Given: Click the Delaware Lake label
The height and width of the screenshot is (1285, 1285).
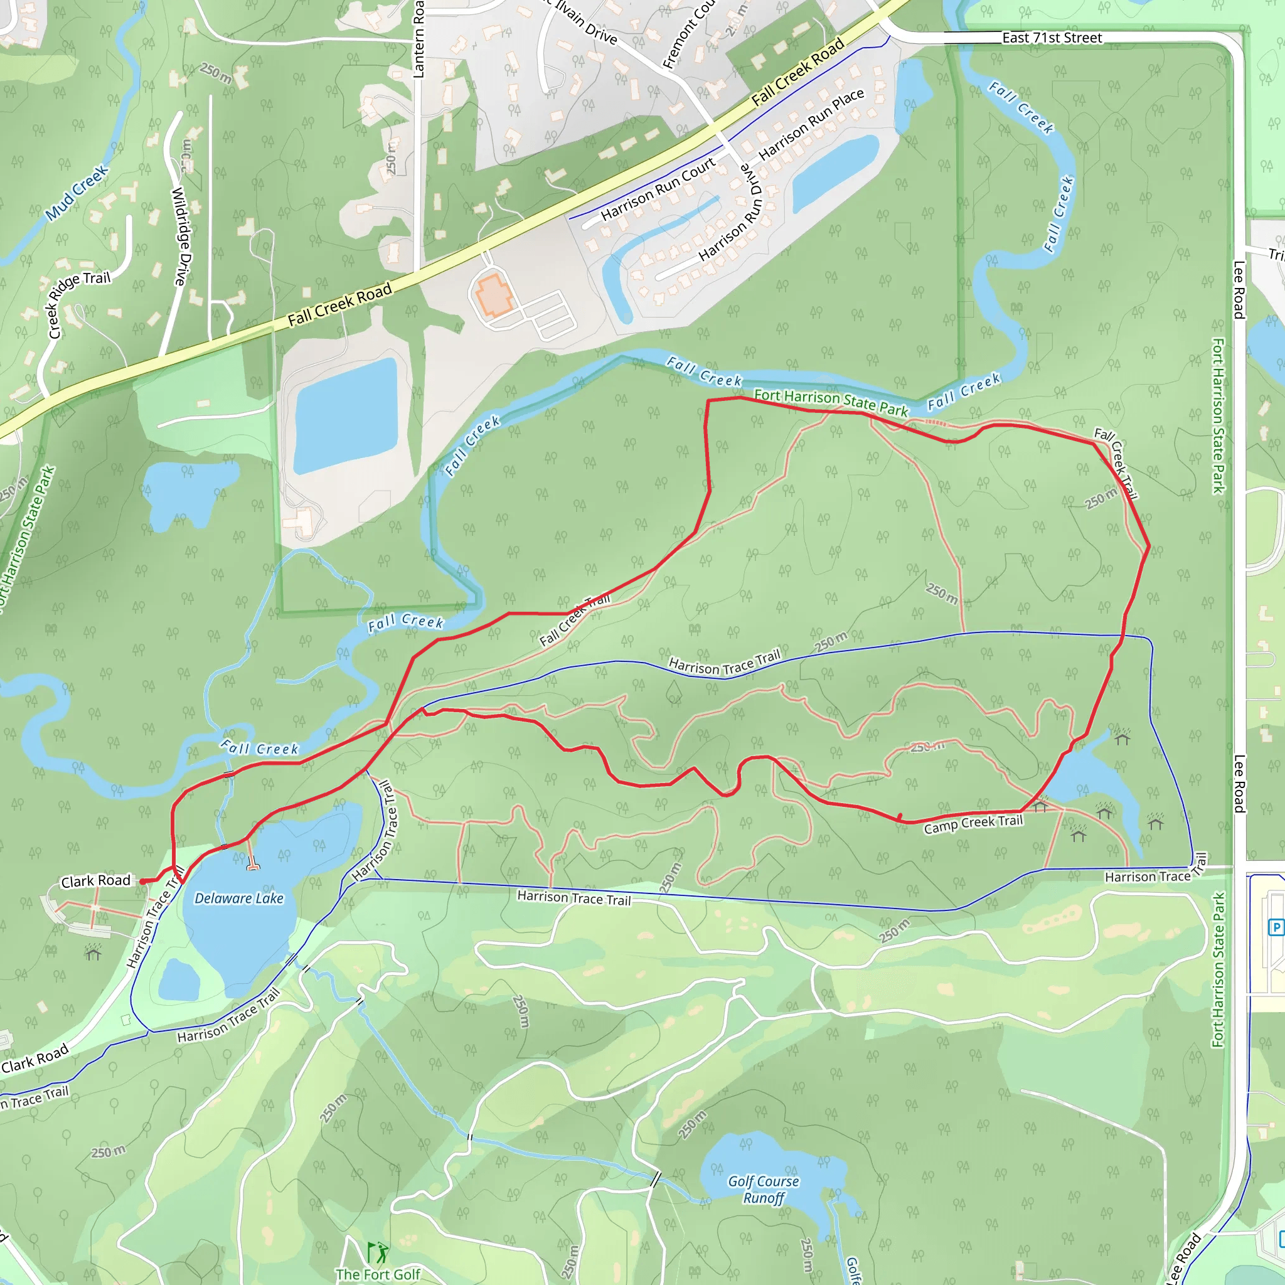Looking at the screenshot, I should click(x=239, y=898).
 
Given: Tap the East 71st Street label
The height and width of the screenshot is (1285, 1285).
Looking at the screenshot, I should click(x=1052, y=38).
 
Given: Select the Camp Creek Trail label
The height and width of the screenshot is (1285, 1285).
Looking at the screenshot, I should click(x=973, y=824).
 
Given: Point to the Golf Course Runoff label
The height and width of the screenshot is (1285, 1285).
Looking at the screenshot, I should click(x=764, y=1190).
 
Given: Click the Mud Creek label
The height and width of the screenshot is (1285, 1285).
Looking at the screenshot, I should click(x=77, y=193).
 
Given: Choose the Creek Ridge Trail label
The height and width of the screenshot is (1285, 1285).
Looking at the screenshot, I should click(x=79, y=303).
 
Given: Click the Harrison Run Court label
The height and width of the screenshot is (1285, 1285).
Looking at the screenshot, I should click(x=658, y=189).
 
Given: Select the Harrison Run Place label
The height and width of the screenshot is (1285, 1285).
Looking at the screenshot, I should click(x=811, y=124).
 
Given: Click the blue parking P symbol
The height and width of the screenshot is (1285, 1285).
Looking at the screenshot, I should click(x=1276, y=927).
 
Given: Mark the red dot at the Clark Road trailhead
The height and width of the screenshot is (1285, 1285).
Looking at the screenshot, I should click(x=142, y=882).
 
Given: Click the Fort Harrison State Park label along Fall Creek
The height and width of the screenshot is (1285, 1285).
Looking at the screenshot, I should click(x=831, y=402).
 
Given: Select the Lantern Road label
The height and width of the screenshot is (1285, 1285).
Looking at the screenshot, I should click(x=419, y=40).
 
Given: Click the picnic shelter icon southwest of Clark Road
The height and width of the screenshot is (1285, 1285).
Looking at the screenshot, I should click(x=93, y=952).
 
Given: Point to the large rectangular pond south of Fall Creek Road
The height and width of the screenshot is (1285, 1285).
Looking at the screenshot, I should click(x=346, y=416).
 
